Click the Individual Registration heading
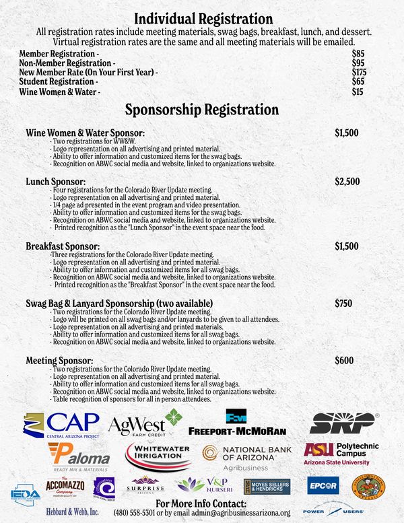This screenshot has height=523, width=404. click(203, 19)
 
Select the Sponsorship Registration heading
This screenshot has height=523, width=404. click(202, 109)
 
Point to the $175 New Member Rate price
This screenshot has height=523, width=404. click(359, 72)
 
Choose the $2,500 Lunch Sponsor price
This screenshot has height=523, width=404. click(347, 182)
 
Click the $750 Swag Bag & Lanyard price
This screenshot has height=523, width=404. click(343, 304)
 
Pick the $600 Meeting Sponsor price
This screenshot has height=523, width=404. click(343, 361)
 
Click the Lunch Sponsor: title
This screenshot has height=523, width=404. click(55, 182)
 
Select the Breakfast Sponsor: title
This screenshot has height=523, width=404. click(63, 247)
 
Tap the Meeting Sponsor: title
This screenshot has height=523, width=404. click(59, 361)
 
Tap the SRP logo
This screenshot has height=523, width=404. click(343, 423)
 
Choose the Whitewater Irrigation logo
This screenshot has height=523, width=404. click(158, 456)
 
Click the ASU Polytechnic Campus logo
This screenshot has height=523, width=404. click(341, 453)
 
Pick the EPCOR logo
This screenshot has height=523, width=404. click(323, 485)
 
